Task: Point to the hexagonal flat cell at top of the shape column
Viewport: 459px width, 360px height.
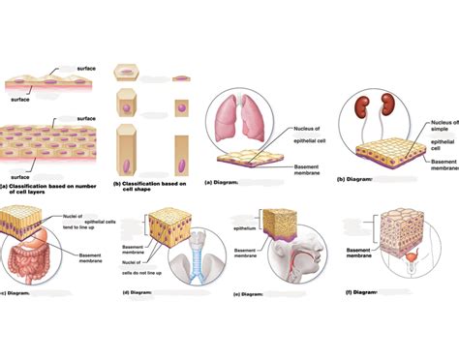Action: pyautogui.click(x=129, y=71)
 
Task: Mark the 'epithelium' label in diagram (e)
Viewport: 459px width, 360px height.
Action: pyautogui.click(x=246, y=229)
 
